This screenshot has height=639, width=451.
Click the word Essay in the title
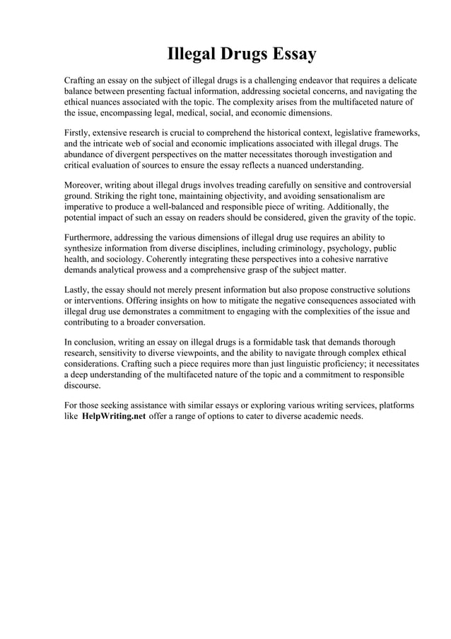pyautogui.click(x=291, y=54)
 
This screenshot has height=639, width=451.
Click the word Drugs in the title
pyautogui.click(x=240, y=54)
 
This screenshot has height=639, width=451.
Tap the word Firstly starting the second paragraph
pyautogui.click(x=79, y=133)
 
